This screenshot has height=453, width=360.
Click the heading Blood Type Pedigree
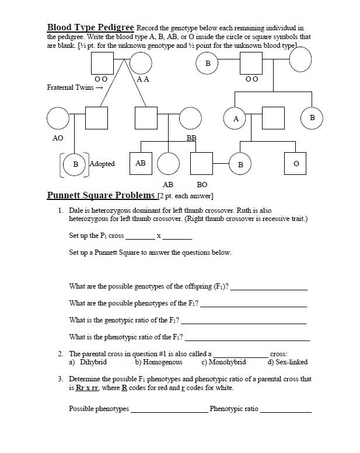click(90, 27)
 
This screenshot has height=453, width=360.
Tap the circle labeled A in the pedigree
click(236, 118)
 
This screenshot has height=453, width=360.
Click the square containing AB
click(141, 164)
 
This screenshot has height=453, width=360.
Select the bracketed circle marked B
click(75, 164)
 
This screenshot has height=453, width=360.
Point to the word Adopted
click(102, 164)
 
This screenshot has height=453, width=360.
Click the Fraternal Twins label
click(75, 87)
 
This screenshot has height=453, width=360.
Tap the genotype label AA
click(142, 79)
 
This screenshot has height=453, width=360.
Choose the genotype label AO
click(58, 138)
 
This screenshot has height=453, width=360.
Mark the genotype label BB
click(191, 138)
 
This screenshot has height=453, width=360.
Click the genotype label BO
click(202, 184)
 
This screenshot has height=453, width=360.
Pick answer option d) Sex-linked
click(287, 362)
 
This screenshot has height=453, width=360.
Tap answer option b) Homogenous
click(158, 362)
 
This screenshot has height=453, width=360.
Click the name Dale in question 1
click(78, 210)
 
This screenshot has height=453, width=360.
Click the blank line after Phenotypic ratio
click(286, 410)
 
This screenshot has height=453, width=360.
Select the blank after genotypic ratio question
click(243, 322)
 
